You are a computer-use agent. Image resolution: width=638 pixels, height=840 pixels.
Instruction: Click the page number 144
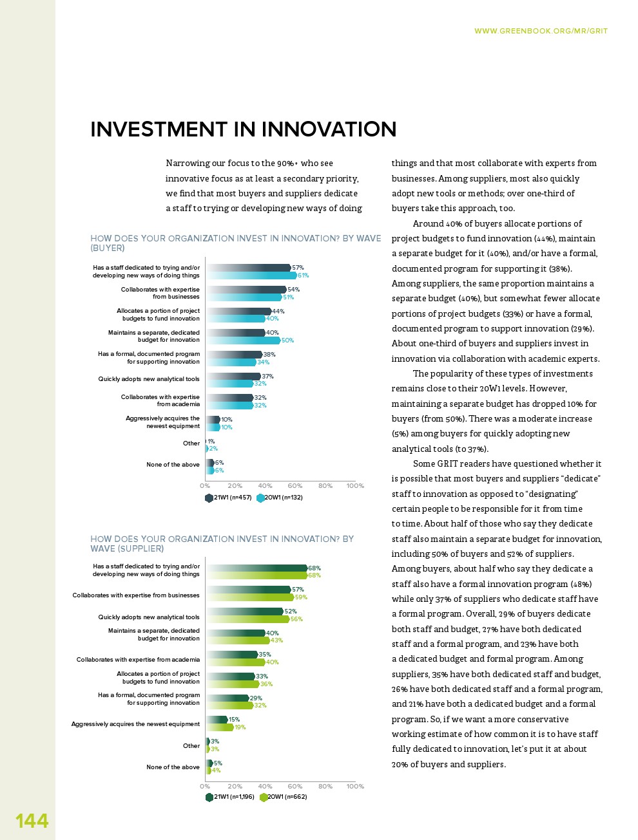pyautogui.click(x=32, y=821)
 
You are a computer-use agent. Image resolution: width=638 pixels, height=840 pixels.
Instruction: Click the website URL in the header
pyautogui.click(x=541, y=31)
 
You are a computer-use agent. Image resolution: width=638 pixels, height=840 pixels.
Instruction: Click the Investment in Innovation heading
pyautogui.click(x=243, y=129)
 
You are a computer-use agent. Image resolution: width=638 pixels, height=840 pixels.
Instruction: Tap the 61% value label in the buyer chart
pyautogui.click(x=303, y=275)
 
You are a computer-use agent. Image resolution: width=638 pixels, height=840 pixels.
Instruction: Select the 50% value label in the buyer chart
pyautogui.click(x=287, y=341)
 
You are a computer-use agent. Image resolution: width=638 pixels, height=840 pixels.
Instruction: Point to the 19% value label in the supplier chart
pyautogui.click(x=240, y=727)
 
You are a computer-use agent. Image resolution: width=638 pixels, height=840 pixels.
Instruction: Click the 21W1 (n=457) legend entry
pyautogui.click(x=229, y=498)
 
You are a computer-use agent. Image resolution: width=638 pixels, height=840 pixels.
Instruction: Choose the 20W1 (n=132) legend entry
pyautogui.click(x=280, y=498)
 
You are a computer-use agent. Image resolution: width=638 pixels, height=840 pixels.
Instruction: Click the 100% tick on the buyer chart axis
pyautogui.click(x=355, y=486)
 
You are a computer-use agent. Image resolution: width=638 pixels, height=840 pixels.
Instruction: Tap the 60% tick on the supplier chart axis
pyautogui.click(x=295, y=787)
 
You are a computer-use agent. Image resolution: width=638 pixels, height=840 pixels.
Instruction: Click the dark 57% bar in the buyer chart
pyautogui.click(x=248, y=268)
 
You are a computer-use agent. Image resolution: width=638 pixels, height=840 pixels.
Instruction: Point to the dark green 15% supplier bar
pyautogui.click(x=217, y=720)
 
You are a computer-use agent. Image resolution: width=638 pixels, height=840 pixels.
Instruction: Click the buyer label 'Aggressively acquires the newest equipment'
pyautogui.click(x=162, y=422)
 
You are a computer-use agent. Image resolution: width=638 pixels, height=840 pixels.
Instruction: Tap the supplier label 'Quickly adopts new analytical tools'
pyautogui.click(x=149, y=617)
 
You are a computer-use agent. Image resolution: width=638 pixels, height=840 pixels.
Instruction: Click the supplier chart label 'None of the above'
pyautogui.click(x=173, y=767)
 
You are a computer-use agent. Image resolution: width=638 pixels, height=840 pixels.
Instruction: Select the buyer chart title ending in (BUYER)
pyautogui.click(x=235, y=243)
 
